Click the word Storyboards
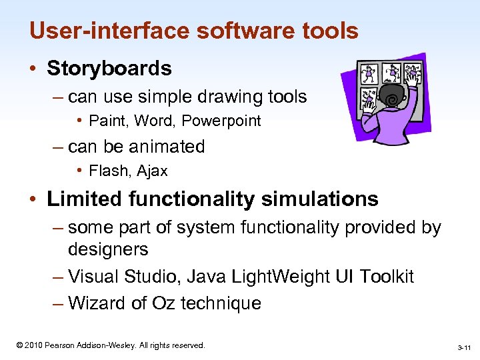[109, 68]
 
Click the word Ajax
[153, 171]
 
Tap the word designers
[108, 250]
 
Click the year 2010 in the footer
[33, 345]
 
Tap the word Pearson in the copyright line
[61, 345]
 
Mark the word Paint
[103, 121]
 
